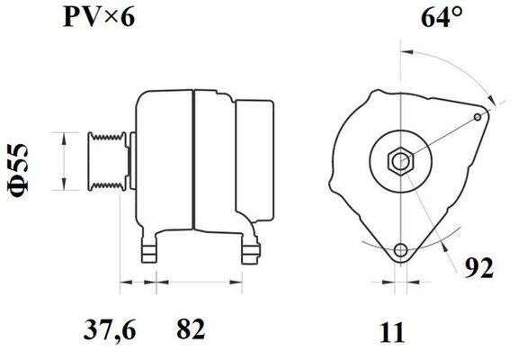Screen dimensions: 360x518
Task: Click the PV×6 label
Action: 98,17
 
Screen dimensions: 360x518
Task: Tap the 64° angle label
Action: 441,17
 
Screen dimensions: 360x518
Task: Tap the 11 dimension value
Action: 392,332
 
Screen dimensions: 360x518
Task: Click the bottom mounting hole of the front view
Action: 400,249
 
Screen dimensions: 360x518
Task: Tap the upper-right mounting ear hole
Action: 478,116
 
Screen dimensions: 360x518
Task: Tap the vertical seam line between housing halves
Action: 193,162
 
